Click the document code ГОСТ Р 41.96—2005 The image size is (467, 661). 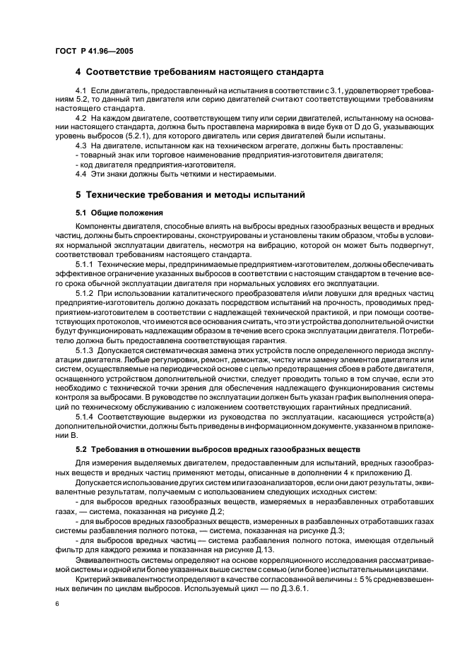[94, 51]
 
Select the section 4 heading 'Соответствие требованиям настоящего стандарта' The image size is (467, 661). [199, 72]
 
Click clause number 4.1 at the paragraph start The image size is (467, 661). [81, 92]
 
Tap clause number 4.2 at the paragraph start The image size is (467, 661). [81, 117]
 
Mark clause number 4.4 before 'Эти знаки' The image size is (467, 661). [81, 174]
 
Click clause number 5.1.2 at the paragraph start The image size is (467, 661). [84, 292]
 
